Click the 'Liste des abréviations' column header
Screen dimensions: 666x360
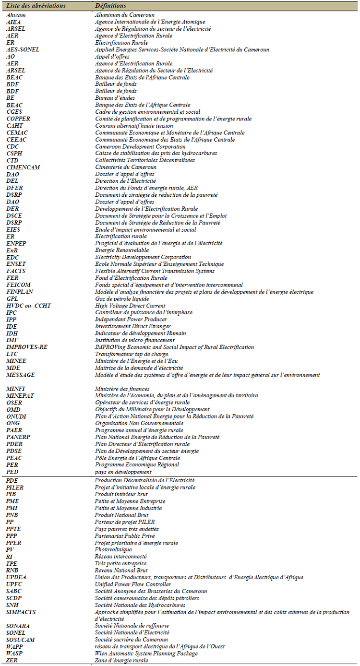[x=35, y=6]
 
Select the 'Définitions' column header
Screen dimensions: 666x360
[x=110, y=6]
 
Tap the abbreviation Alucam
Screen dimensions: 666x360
[x=16, y=15]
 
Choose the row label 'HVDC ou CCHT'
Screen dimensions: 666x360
[x=29, y=305]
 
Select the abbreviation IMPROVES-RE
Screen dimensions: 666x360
[x=27, y=347]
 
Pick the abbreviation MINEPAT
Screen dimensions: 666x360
[x=21, y=395]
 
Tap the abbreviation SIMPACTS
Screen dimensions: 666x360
[x=21, y=612]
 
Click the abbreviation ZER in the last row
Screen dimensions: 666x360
[x=12, y=660]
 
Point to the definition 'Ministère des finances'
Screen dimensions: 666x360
[x=122, y=389]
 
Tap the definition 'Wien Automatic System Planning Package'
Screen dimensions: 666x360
[x=146, y=653]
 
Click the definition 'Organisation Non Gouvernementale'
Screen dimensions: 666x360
[x=139, y=423]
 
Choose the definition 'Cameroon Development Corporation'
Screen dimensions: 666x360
[x=140, y=146]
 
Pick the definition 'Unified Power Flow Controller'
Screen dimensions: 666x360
[x=133, y=584]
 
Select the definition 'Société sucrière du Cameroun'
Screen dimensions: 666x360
[x=131, y=639]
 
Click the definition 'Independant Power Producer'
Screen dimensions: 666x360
[x=131, y=319]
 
